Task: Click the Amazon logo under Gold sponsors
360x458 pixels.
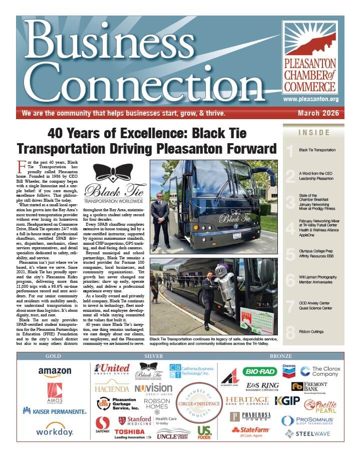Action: [55, 371]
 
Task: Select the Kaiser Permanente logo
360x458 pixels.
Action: [55, 410]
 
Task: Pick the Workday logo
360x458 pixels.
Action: [55, 430]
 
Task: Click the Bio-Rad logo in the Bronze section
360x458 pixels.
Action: [260, 371]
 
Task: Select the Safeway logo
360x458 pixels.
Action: [103, 425]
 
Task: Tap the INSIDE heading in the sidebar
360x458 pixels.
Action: [314, 133]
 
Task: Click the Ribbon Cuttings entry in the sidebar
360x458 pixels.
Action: [311, 331]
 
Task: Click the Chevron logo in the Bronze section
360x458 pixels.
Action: [289, 370]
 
